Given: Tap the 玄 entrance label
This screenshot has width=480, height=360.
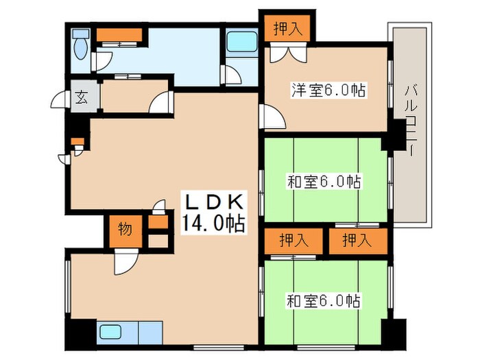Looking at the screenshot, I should pyautogui.click(x=80, y=97).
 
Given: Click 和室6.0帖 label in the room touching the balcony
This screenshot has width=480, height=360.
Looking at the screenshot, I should pyautogui.click(x=324, y=182).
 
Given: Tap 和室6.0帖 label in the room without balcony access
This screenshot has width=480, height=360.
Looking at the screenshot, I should pyautogui.click(x=324, y=300).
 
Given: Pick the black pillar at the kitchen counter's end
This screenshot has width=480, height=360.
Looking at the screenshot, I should pyautogui.click(x=80, y=335).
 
